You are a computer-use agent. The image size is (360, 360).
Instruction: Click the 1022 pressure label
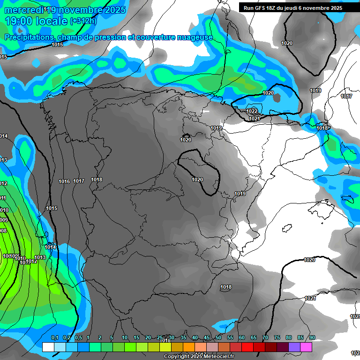pyautogui.click(x=252, y=111)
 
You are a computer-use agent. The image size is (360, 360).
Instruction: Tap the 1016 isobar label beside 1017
pyautogui.click(x=64, y=181)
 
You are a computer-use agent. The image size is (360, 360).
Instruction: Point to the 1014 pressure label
pyautogui.click(x=50, y=247)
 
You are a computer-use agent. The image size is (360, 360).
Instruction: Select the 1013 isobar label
pyautogui.click(x=40, y=257)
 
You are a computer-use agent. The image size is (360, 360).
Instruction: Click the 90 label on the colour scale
pyautogui.click(x=312, y=337)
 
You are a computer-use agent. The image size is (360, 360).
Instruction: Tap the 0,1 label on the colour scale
pyautogui.click(x=54, y=337)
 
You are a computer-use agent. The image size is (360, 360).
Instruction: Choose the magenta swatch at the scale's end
pyautogui.click(x=306, y=347)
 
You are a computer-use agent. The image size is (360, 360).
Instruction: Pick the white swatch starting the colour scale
pyautogui.click(x=48, y=347)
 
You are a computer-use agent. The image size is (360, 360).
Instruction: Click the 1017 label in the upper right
pyautogui.click(x=346, y=96)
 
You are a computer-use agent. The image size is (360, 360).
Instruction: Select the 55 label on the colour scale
pyautogui.click(x=230, y=337)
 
